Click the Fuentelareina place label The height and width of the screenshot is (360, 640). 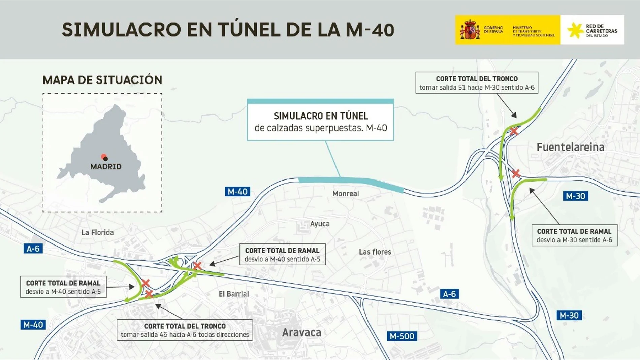pyautogui.click(x=570, y=147)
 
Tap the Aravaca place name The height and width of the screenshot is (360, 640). pyautogui.click(x=301, y=332)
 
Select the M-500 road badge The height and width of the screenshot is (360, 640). pyautogui.click(x=402, y=336)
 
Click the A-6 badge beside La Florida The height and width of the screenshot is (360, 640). pyautogui.click(x=33, y=249)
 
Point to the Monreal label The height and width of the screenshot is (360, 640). pyautogui.click(x=346, y=194)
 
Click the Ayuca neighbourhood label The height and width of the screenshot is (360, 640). pyautogui.click(x=320, y=224)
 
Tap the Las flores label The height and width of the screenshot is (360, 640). pyautogui.click(x=375, y=252)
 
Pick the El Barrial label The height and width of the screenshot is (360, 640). pyautogui.click(x=234, y=294)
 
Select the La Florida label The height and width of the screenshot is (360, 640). pyautogui.click(x=97, y=232)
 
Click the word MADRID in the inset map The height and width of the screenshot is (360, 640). pyautogui.click(x=106, y=166)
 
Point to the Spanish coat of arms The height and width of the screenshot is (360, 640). pyautogui.click(x=470, y=30)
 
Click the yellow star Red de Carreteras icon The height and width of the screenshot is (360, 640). pyautogui.click(x=575, y=30)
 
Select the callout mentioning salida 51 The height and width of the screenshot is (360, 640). pyautogui.click(x=477, y=83)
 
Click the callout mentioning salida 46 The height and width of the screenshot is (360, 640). pyautogui.click(x=185, y=330)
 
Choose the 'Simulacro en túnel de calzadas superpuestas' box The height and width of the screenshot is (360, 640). pyautogui.click(x=320, y=121)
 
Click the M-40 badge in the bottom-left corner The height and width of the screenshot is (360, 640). pyautogui.click(x=33, y=325)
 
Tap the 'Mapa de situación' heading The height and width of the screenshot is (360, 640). pyautogui.click(x=102, y=80)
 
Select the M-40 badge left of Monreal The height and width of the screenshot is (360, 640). pyautogui.click(x=237, y=192)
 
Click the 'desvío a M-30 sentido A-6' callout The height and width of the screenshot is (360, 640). pyautogui.click(x=574, y=235)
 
